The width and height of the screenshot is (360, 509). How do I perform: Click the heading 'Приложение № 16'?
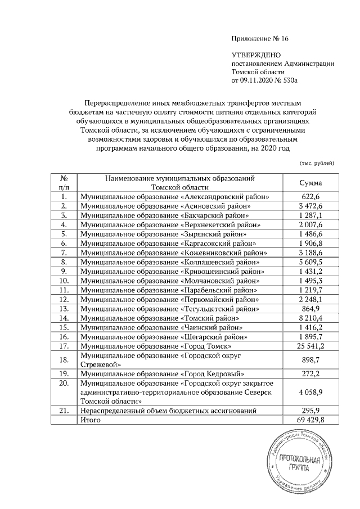259,39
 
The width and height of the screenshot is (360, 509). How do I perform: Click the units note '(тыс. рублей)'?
317,163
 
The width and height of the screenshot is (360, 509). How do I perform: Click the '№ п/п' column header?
65,183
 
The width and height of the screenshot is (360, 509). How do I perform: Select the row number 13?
65,308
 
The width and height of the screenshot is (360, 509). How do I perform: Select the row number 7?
65,253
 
